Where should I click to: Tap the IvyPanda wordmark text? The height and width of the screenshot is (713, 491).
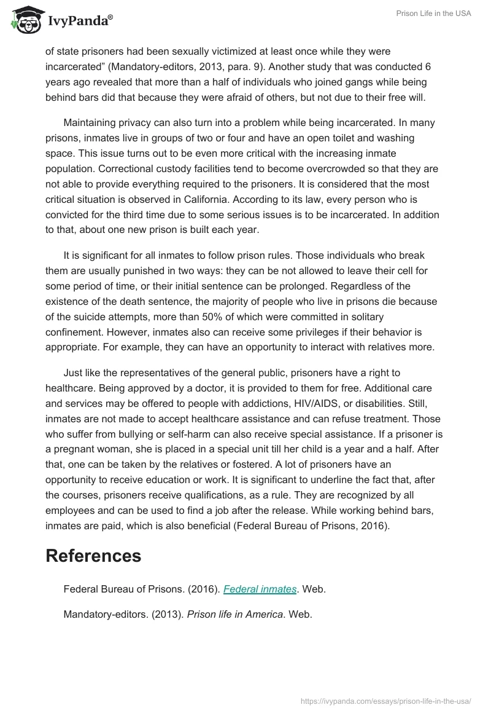(x=80, y=22)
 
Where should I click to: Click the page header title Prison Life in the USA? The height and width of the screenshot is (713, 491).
(x=433, y=14)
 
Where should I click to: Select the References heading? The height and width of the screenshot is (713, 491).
(x=93, y=556)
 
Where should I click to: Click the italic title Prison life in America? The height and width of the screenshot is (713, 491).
(x=236, y=613)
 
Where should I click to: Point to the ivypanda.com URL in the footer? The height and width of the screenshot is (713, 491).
(x=385, y=701)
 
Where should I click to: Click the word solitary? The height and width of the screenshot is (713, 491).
(x=366, y=317)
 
